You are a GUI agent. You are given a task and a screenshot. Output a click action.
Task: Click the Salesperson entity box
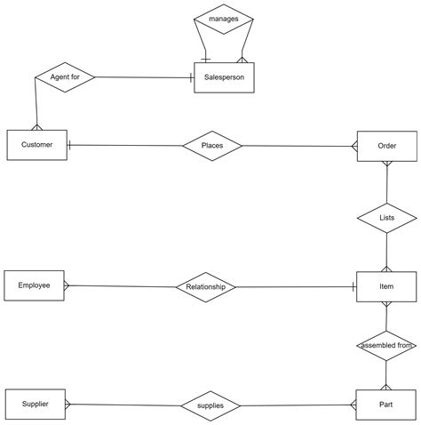point(224,77)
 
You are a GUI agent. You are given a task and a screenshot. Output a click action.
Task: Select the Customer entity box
point(37,145)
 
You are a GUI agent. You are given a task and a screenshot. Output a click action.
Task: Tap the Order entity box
point(387,146)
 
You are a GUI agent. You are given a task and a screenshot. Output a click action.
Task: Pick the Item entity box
point(386,286)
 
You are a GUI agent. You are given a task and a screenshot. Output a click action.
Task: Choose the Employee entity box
point(34,285)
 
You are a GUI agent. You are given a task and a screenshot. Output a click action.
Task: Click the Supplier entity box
point(36,404)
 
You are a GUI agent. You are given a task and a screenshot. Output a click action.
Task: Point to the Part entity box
point(385,405)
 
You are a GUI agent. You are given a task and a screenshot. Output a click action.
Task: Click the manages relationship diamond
point(224,20)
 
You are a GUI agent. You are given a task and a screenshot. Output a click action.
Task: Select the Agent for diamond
point(65,77)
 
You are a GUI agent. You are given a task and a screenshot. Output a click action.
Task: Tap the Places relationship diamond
point(212,146)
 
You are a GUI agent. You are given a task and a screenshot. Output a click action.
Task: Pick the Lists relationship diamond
point(386,218)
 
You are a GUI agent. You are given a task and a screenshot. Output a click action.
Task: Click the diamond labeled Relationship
point(206,287)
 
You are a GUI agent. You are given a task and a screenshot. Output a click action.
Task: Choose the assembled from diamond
point(386,346)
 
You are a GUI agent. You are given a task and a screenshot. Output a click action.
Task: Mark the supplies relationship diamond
point(210,405)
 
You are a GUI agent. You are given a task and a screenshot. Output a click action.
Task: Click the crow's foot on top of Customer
point(36,127)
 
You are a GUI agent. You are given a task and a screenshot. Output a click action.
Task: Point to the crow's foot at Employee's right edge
point(67,285)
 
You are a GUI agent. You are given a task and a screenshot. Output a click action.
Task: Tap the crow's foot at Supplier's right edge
point(68,404)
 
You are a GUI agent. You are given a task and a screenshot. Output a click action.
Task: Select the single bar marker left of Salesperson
point(192,78)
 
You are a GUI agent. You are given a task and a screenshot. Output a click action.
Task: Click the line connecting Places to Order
point(299,146)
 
